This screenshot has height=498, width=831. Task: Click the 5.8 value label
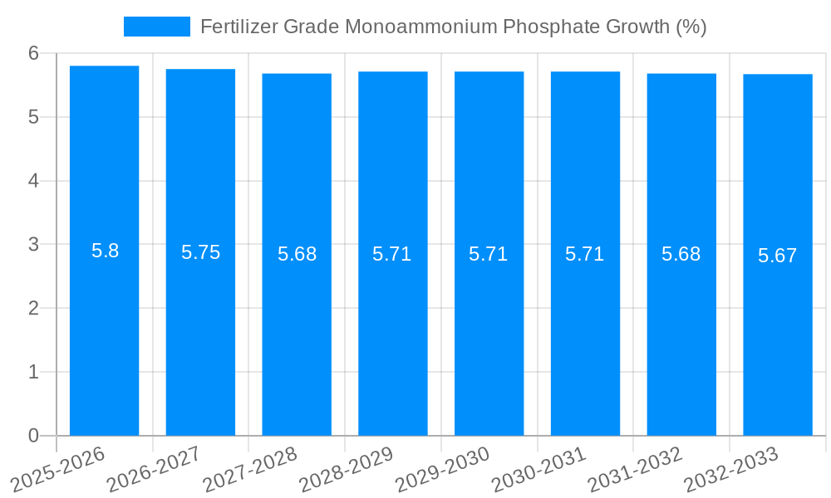coord(105,251)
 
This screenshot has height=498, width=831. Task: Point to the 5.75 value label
coord(200,253)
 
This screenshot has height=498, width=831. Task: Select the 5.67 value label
coord(777,256)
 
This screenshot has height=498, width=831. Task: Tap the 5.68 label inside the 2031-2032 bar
coord(681,255)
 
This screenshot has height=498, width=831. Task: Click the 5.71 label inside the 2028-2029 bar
coord(392,255)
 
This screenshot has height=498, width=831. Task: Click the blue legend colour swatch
coord(156,27)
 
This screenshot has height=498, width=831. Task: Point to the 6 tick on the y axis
coord(34,53)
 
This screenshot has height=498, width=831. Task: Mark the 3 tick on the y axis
coord(34,245)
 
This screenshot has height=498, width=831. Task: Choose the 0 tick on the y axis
coord(34,436)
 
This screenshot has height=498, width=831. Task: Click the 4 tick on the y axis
coord(34,181)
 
